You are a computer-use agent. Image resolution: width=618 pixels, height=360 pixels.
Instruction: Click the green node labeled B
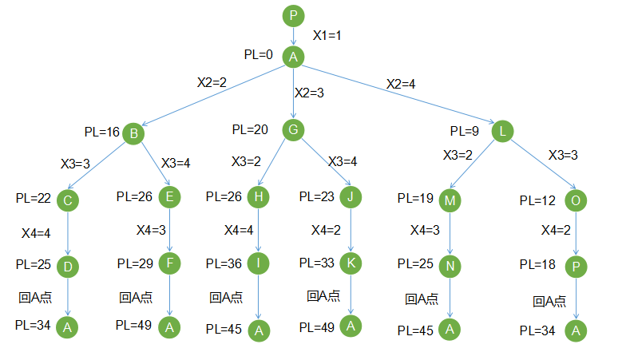click(x=133, y=133)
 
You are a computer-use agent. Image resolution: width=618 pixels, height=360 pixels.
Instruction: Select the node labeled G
click(x=294, y=129)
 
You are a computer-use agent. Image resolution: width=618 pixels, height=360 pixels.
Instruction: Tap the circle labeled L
click(x=501, y=130)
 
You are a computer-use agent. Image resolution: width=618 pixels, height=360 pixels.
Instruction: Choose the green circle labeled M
click(x=450, y=200)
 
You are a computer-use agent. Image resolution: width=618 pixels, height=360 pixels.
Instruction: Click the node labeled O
click(x=575, y=200)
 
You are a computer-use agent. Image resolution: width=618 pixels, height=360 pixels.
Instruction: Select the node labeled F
click(x=169, y=262)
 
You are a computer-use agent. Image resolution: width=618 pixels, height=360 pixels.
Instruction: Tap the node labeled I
click(x=258, y=263)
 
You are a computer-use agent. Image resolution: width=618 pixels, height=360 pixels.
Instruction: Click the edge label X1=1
click(x=327, y=36)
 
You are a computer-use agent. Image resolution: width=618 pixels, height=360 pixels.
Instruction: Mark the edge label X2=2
click(x=212, y=81)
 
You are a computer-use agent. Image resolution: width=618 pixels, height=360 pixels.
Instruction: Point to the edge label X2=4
click(x=401, y=84)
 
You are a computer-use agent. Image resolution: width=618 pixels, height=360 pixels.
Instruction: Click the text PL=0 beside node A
click(x=259, y=55)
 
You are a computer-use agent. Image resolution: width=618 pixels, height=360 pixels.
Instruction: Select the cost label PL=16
click(x=101, y=132)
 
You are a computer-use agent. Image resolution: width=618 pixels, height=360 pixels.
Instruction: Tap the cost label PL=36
click(x=224, y=263)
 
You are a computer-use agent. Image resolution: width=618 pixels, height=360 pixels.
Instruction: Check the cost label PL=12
click(x=537, y=200)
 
